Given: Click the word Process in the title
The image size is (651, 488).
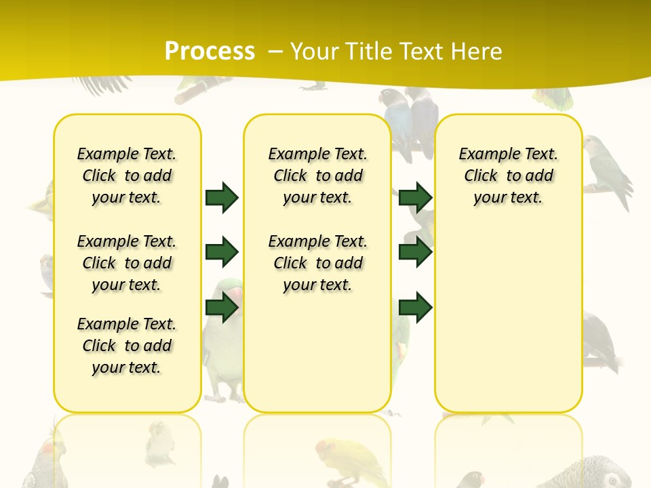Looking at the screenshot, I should tap(210, 51).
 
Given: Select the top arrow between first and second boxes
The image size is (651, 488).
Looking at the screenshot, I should tap(222, 197).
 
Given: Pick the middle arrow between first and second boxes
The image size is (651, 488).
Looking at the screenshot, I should tap(222, 252).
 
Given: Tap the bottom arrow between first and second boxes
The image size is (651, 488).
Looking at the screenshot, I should tap(222, 308).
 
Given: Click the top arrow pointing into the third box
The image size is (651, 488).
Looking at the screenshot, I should tap(415, 197).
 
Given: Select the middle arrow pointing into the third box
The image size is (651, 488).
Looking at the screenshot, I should tap(415, 252).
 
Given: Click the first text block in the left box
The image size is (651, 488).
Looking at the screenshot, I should tap(127, 176).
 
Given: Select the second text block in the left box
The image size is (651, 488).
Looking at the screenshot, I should tap(127, 263).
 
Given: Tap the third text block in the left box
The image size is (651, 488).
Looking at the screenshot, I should tap(127, 346).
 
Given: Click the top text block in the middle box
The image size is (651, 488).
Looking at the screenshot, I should tap(317, 176).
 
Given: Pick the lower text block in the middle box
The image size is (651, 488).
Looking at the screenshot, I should tap(317, 263).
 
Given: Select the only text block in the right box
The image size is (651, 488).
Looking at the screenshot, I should tap(508, 176).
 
